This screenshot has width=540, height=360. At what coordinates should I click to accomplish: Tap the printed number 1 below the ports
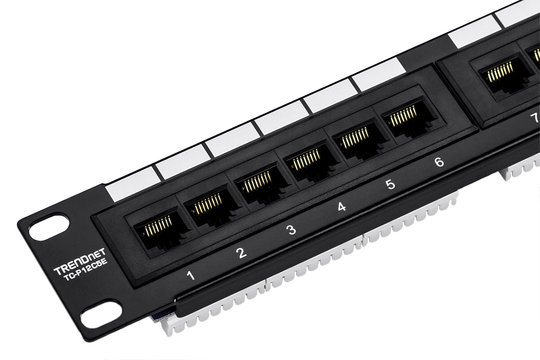tap(191, 275)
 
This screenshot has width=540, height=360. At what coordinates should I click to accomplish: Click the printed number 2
tap(241, 253)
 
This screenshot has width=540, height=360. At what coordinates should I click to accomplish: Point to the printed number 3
tap(292, 230)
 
